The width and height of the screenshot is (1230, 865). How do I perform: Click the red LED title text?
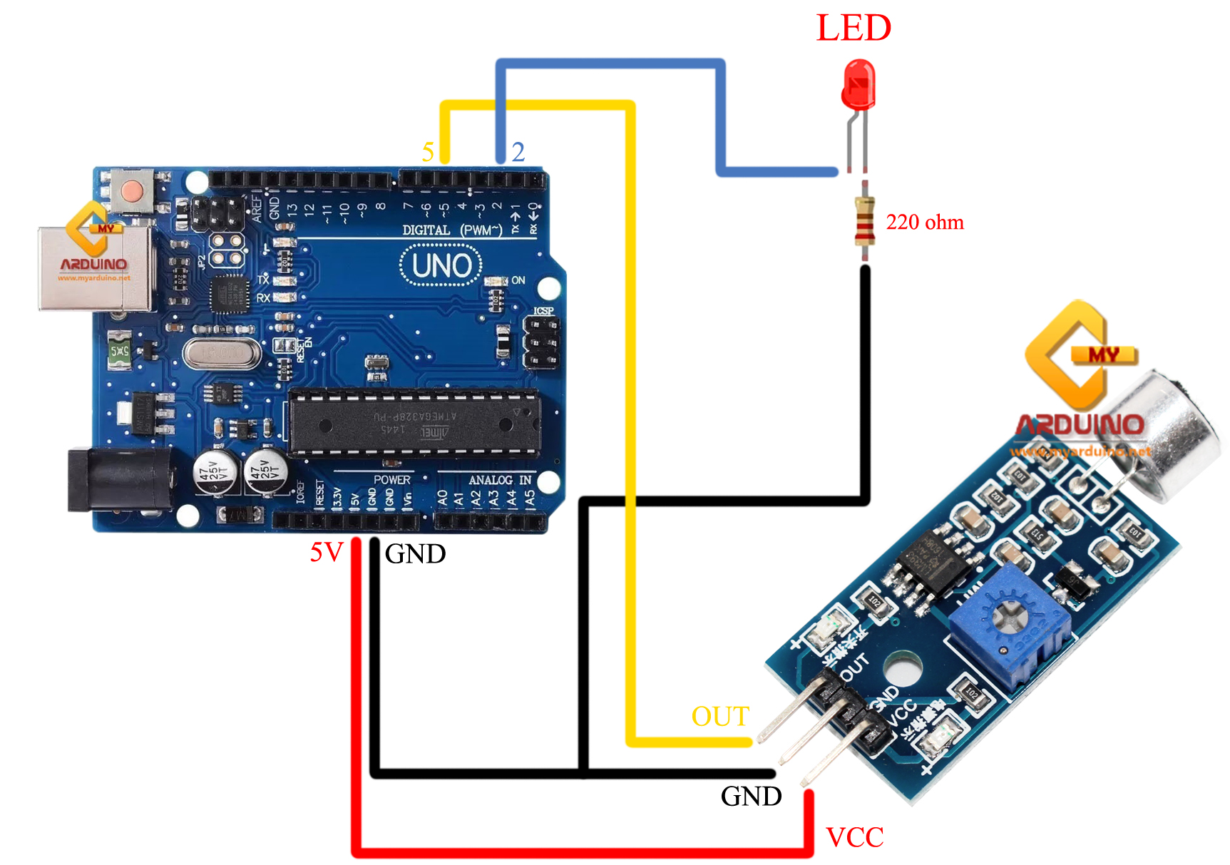[x=854, y=29]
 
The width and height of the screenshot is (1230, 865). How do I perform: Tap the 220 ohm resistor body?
[x=864, y=222]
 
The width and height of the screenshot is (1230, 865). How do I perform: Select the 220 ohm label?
[x=924, y=222]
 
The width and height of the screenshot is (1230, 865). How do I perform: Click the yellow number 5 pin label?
[x=428, y=152]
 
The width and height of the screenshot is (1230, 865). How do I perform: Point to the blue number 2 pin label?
[x=518, y=152]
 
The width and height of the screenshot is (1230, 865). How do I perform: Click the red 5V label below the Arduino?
[x=327, y=552]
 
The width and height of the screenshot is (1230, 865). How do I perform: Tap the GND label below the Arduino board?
[x=415, y=554]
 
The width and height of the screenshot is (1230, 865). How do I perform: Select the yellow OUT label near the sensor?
[x=720, y=716]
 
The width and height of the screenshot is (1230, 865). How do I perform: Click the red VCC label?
[x=854, y=837]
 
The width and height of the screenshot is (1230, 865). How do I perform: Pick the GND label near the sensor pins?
[x=751, y=797]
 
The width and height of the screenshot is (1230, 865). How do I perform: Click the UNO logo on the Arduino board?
[x=441, y=266]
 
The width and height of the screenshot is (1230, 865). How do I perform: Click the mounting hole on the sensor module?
[x=902, y=669]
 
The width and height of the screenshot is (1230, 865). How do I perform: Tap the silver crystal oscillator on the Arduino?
[x=222, y=354]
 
